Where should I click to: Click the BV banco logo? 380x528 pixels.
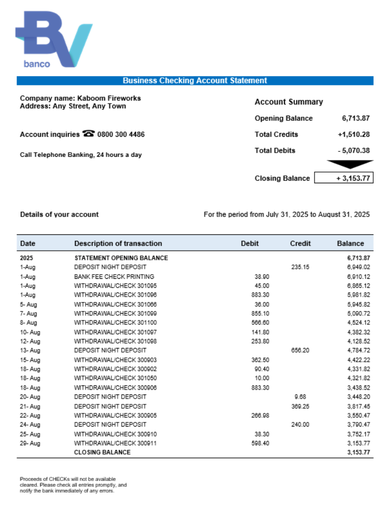(54, 40)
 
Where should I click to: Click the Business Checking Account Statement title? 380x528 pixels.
(195, 81)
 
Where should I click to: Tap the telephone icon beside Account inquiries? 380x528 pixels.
(88, 134)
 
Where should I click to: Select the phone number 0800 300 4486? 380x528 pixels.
(121, 135)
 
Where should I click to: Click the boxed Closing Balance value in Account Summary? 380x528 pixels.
(344, 178)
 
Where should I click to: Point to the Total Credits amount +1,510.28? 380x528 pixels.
(354, 135)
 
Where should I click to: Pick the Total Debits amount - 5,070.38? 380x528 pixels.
(354, 150)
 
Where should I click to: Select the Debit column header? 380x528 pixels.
(250, 243)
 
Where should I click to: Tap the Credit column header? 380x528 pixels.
(300, 243)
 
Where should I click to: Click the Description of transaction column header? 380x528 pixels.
(118, 243)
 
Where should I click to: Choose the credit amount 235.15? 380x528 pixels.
(300, 267)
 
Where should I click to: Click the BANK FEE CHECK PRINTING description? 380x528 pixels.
(114, 277)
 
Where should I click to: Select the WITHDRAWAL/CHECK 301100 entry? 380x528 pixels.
(115, 323)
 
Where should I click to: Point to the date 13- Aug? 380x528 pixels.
(30, 351)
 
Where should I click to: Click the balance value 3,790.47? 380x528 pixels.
(358, 425)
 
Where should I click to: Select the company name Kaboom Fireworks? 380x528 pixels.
(109, 98)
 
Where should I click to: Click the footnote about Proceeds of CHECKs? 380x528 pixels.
(73, 485)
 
